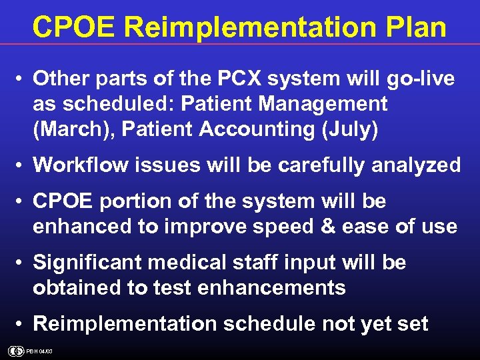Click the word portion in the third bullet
(x=137, y=201)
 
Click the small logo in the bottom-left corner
(x=16, y=351)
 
